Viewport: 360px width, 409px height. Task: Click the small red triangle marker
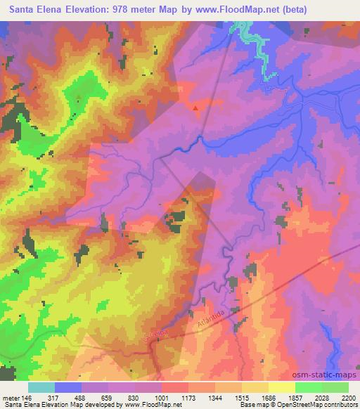click(195, 108)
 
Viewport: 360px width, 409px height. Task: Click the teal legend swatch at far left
click(41, 387)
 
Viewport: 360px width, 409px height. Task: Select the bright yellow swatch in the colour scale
click(281, 387)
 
